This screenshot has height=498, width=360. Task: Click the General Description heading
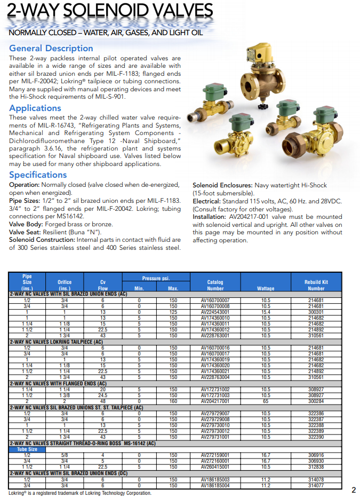point(51,48)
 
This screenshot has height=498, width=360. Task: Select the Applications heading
point(35,108)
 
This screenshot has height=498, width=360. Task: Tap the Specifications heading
point(38,175)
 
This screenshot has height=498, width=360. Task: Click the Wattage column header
point(266,288)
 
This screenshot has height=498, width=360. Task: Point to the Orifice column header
point(64,282)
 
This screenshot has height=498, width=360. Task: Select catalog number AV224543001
point(215,312)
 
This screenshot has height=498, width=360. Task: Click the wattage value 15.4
point(266,312)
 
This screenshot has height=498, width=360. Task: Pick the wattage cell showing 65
point(266,401)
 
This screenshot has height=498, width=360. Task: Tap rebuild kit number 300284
point(316,401)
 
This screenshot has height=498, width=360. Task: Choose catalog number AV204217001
point(215,401)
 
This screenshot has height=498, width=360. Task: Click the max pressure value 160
point(173,401)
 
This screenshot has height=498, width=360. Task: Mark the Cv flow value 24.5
point(103,396)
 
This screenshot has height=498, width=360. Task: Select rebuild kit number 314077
point(316,486)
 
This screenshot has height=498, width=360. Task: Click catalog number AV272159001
point(215,455)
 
